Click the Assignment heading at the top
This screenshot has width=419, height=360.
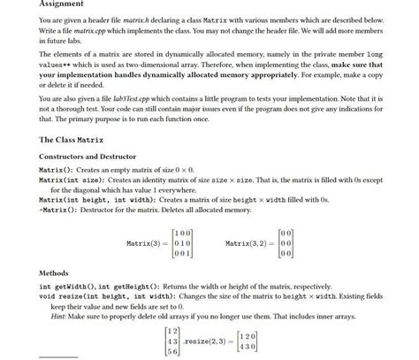point(61,5)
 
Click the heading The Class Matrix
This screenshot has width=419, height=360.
point(72,140)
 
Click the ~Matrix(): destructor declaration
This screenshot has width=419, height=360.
point(64,210)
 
